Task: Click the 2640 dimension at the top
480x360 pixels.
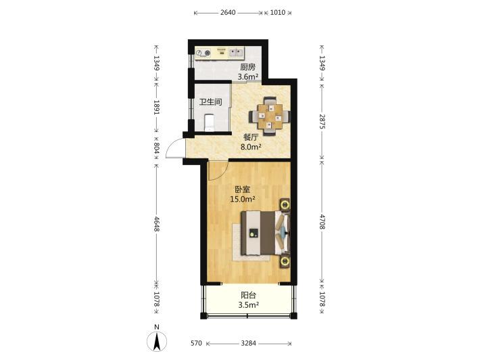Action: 228,13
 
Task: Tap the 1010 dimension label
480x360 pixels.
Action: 278,13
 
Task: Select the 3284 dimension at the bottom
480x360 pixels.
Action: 248,343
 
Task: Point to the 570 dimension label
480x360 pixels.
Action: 196,343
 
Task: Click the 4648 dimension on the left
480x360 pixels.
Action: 156,224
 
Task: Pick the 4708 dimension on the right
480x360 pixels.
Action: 322,222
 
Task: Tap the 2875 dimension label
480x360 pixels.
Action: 322,121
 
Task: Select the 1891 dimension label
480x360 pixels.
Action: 156,107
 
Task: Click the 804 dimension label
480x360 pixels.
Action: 156,148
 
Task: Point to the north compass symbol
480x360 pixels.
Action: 157,340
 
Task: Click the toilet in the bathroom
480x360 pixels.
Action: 209,122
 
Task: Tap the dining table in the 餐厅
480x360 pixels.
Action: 269,116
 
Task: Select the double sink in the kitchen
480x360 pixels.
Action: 236,53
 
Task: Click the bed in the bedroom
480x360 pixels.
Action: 266,233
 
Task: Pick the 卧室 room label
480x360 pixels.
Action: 243,189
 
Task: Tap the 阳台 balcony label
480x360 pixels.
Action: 248,295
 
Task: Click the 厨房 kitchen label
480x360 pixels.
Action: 247,67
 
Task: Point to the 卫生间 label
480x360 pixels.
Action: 211,102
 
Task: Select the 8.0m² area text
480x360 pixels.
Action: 251,147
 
